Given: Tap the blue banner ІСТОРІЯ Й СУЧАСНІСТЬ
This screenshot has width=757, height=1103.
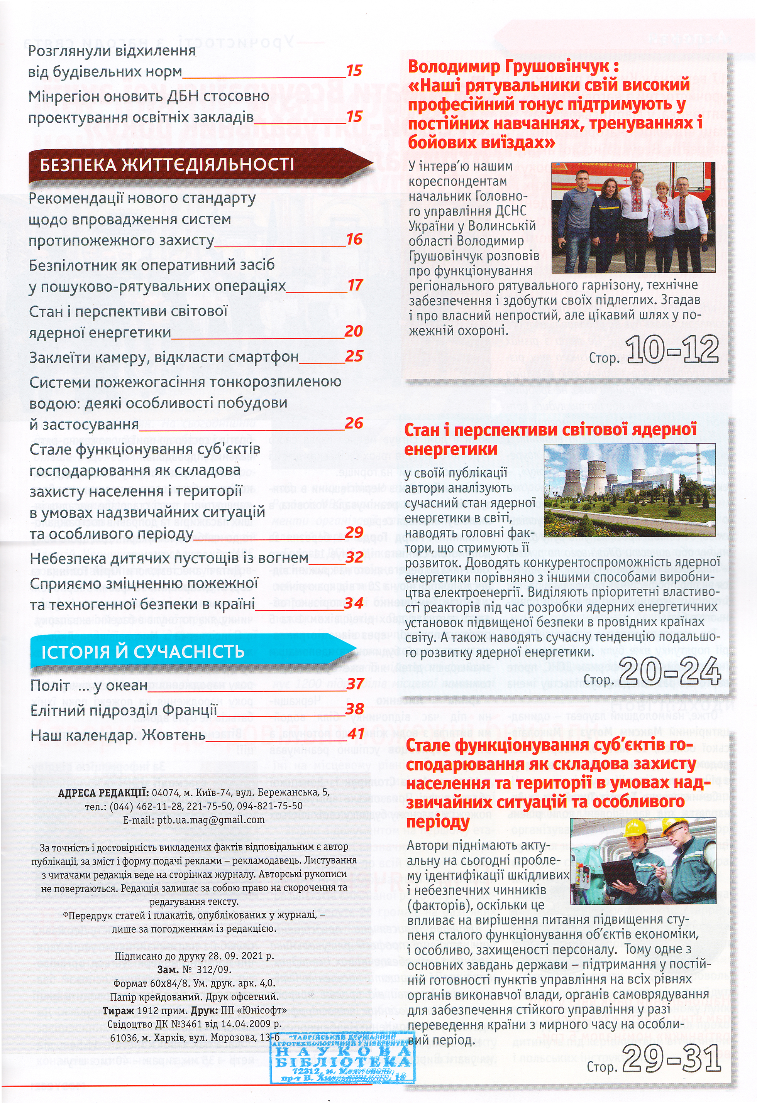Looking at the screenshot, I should click(x=142, y=652).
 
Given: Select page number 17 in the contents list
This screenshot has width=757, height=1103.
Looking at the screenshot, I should click(x=355, y=285).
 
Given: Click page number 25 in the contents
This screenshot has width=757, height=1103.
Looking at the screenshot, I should click(x=354, y=356).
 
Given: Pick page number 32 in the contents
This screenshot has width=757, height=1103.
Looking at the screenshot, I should click(x=354, y=557).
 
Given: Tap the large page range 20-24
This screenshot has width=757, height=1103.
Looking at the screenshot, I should click(x=670, y=672).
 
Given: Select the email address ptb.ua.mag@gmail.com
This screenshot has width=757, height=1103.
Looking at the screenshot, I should click(x=194, y=820).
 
